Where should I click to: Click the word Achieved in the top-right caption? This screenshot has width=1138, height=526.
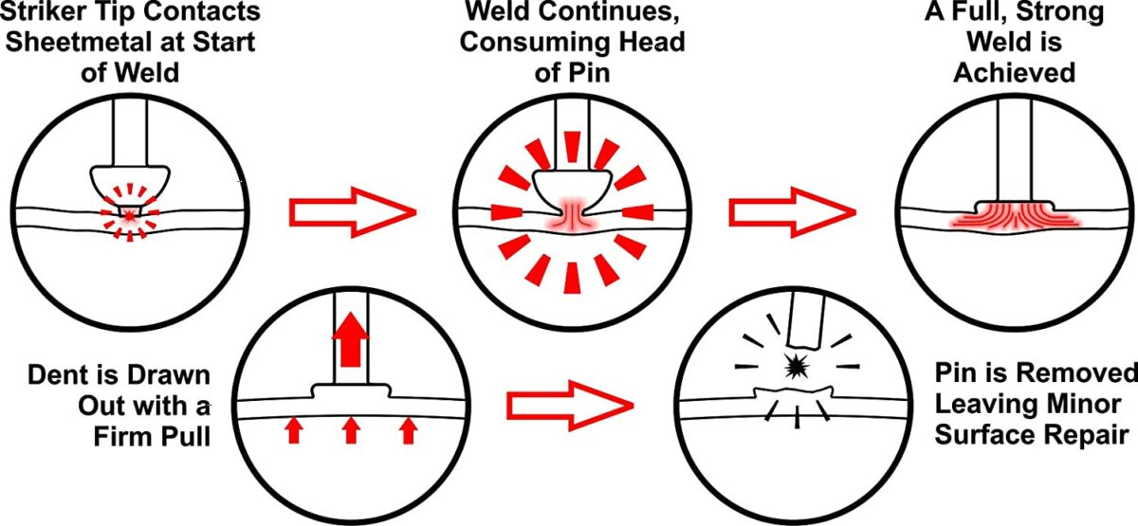point(1015,73)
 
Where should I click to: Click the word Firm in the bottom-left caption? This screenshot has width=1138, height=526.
point(131,437)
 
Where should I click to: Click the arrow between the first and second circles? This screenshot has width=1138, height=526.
point(352,211)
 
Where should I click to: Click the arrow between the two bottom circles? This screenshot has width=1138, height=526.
point(570,406)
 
